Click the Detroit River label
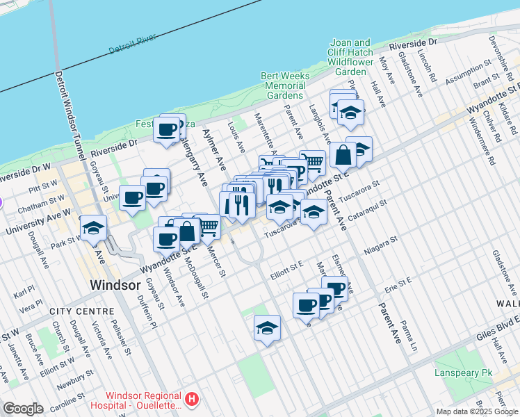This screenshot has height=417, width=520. (133, 45)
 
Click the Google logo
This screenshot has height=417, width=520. (23, 409)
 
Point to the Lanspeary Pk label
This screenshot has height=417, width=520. (464, 373)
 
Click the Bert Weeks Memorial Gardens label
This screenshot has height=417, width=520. (284, 85)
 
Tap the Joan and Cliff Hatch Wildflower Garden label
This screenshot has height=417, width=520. (350, 57)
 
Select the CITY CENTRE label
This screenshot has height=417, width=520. (81, 311)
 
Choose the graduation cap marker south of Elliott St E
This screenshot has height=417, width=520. (267, 328)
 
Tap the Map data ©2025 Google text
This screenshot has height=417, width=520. (477, 411)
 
